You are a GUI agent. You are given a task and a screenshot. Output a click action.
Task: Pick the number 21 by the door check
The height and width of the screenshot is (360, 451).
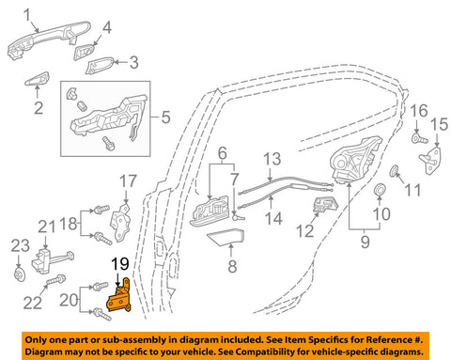(x=45, y=226)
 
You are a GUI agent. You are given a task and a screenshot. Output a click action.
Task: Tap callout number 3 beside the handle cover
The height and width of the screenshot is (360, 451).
(x=134, y=63)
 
